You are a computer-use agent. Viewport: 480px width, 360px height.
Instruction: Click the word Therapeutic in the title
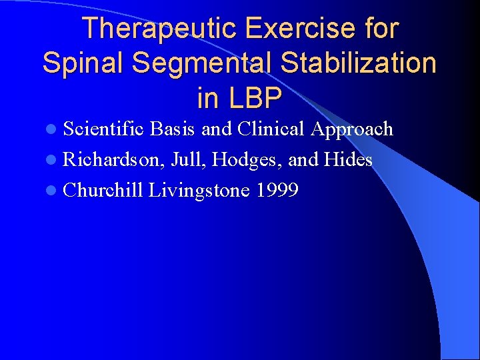[160, 29]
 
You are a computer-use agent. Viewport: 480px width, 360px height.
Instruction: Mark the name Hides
[348, 160]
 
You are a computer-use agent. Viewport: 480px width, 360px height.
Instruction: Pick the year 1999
[277, 191]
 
